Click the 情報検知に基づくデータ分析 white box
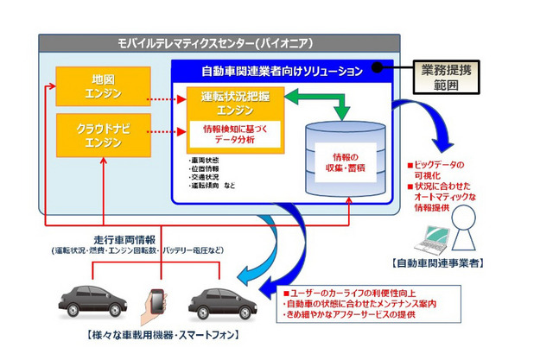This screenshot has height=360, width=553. (227, 136)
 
